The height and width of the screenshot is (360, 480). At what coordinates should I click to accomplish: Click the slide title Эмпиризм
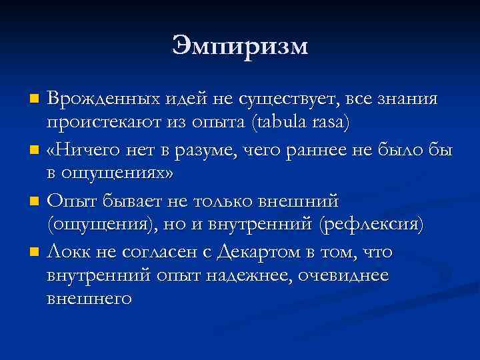click(240, 46)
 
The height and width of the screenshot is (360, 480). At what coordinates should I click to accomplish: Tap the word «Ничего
click(78, 150)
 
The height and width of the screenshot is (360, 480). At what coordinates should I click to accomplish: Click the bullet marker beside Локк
click(35, 252)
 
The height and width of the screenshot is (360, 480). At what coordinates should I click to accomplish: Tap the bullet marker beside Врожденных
click(35, 100)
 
